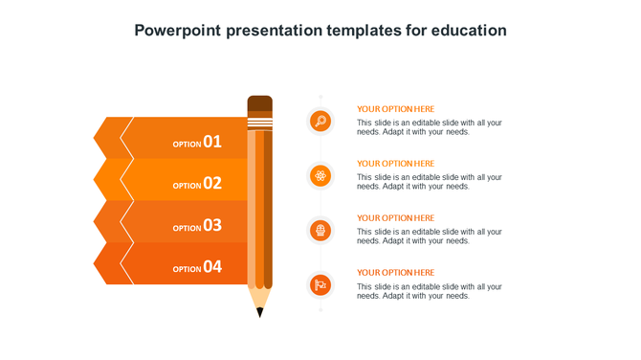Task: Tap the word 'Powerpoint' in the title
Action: point(178,31)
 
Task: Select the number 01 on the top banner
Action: point(212,142)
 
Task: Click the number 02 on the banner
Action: point(212,184)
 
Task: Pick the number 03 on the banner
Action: point(212,226)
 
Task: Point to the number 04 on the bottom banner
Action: point(212,267)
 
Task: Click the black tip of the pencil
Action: point(259,312)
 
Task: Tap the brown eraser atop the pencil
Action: point(259,104)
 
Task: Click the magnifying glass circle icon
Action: point(320,122)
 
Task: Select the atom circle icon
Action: point(320,175)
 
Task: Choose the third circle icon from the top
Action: point(320,230)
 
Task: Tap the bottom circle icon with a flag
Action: point(320,284)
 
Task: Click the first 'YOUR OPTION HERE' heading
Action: point(395,109)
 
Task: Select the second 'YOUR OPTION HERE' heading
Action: point(395,164)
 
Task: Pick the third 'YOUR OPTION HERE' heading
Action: point(395,218)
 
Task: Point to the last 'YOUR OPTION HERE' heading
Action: point(395,273)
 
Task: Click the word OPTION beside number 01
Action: point(187,145)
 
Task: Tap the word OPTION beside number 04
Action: point(187,270)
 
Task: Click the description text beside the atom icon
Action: point(429,182)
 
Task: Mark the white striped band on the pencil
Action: point(259,123)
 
